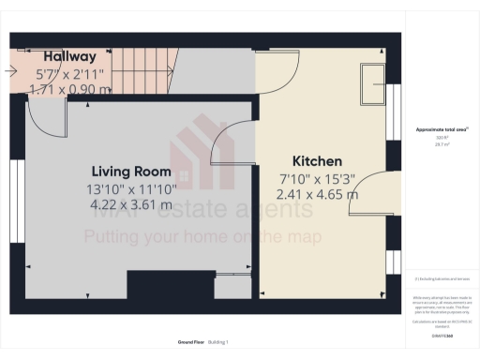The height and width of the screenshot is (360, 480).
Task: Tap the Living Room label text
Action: (130, 172)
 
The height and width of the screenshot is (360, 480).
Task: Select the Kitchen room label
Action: (317, 161)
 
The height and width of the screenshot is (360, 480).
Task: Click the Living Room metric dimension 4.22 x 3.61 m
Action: (130, 204)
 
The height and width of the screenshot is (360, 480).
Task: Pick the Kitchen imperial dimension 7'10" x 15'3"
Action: (317, 178)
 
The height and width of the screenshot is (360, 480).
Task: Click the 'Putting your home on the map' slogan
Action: (202, 237)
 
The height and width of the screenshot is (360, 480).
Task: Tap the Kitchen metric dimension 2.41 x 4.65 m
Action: (317, 195)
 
